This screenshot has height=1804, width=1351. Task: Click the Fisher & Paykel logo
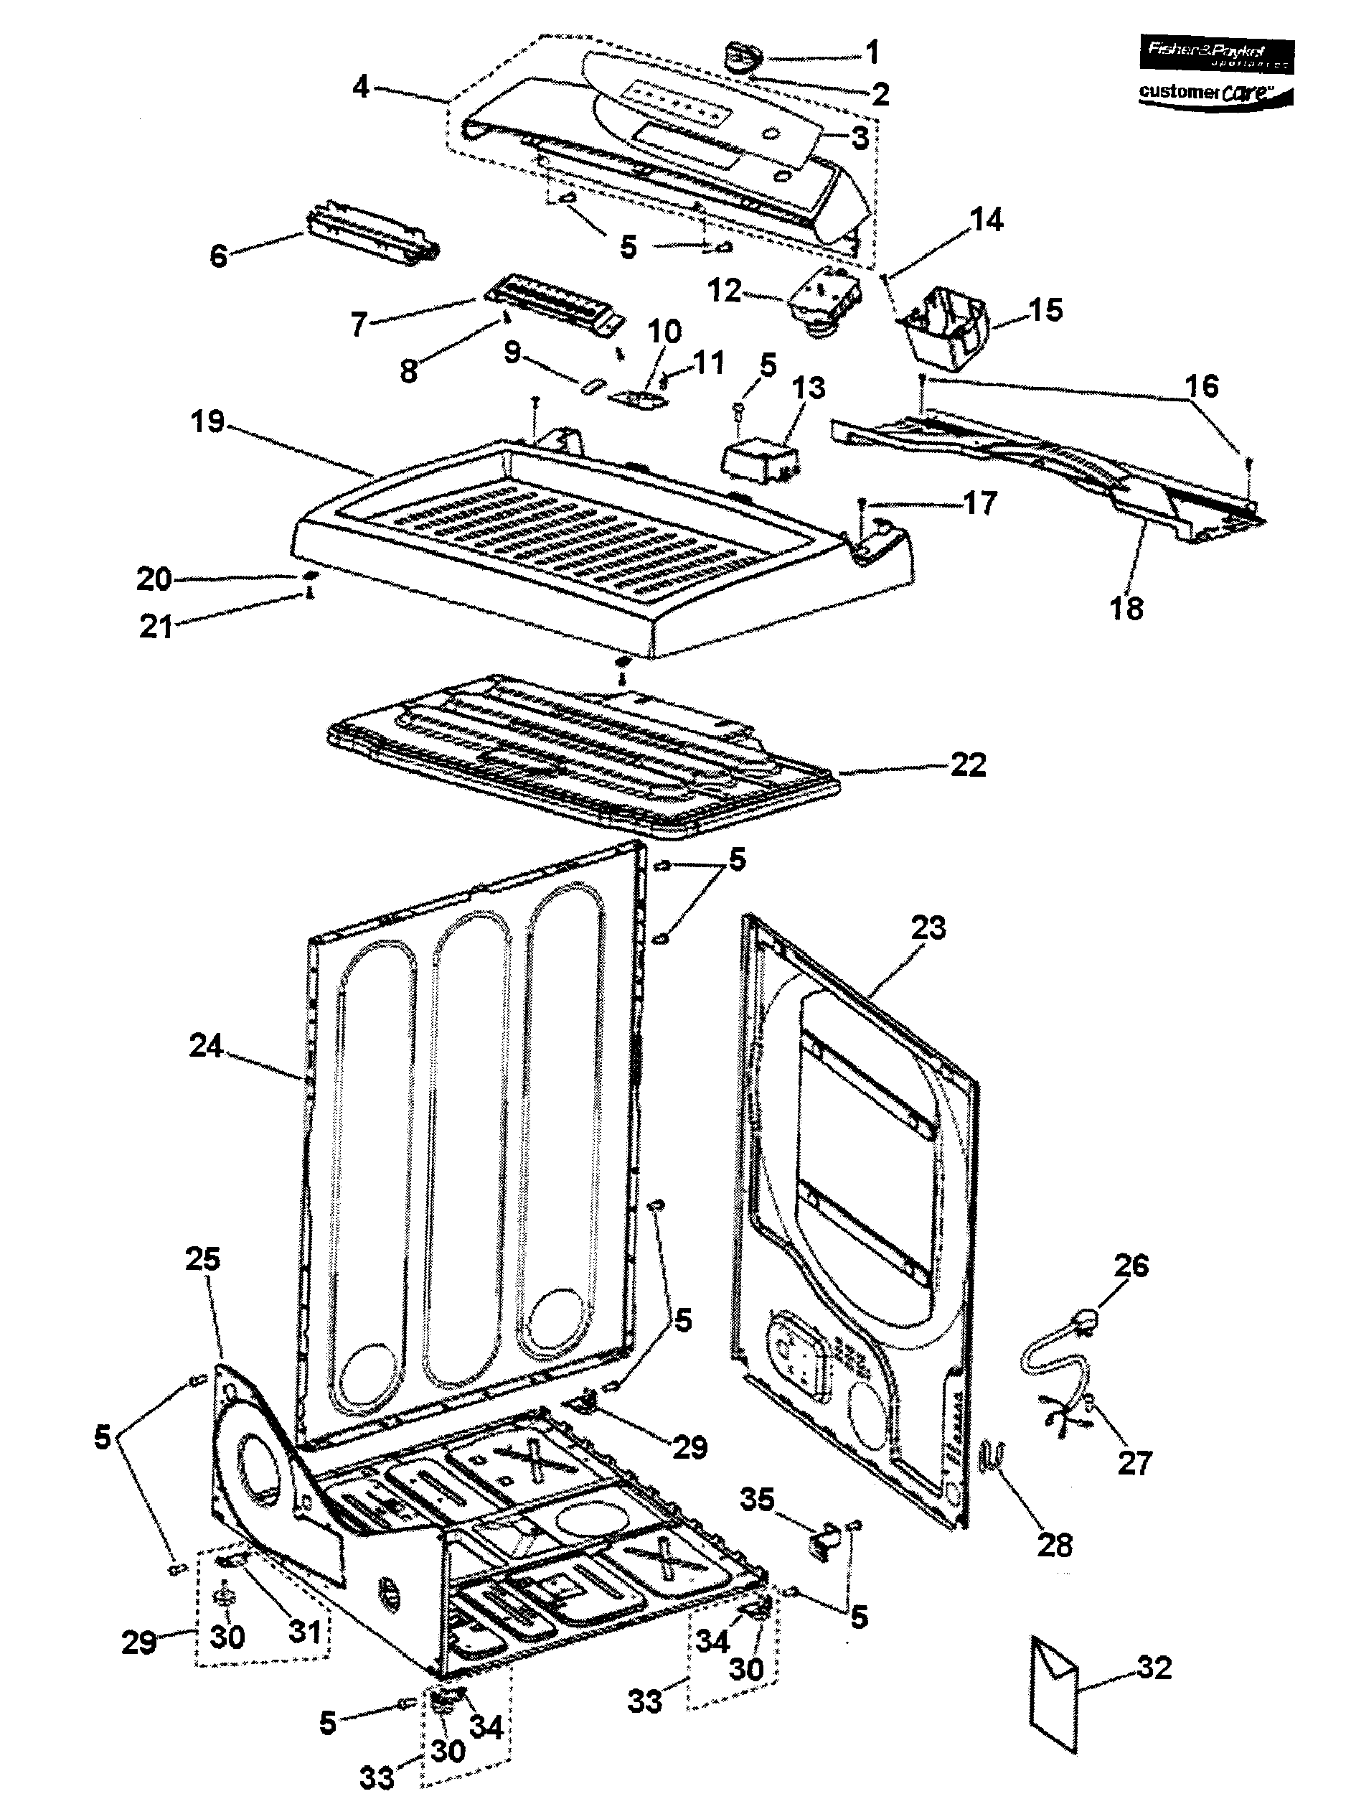[1214, 53]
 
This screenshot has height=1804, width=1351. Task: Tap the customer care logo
[1214, 94]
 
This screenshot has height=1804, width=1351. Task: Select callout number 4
[361, 85]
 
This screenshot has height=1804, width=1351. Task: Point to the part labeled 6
[371, 239]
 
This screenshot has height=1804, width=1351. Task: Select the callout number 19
[207, 421]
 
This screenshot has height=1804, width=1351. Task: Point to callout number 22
[968, 765]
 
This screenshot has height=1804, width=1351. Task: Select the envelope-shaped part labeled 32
[1055, 1692]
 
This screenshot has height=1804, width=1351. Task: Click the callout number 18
[1126, 609]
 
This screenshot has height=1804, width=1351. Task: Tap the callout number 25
[202, 1259]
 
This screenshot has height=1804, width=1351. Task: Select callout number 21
[156, 627]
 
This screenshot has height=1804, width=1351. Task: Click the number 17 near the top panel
[980, 503]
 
